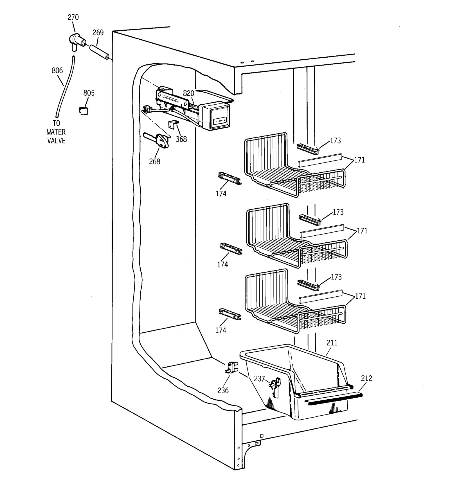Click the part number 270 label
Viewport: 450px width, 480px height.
point(73,17)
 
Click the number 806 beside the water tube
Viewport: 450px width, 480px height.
point(57,70)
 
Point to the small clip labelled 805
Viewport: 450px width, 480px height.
point(83,111)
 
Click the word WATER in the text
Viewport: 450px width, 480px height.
point(56,132)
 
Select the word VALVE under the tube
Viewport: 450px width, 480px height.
point(56,141)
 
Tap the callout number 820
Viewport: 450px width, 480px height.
point(188,93)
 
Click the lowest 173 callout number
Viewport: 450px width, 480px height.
point(336,277)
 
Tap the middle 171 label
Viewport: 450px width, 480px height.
point(362,231)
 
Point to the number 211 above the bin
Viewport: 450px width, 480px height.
point(332,342)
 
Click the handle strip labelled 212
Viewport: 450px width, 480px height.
point(335,399)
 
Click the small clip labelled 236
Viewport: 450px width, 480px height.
point(231,368)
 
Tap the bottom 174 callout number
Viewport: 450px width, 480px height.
point(220,330)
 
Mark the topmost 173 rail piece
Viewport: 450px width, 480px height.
point(308,148)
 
